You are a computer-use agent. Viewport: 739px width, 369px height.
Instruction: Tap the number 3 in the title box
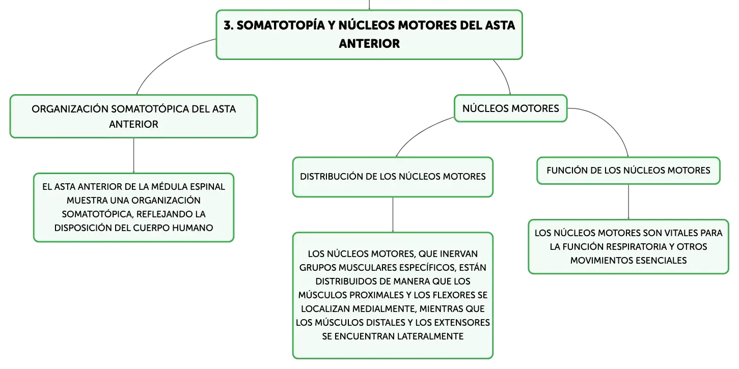click(227, 25)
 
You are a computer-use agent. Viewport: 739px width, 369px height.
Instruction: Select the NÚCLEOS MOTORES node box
click(510, 108)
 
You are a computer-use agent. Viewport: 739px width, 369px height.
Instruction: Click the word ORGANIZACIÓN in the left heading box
click(70, 109)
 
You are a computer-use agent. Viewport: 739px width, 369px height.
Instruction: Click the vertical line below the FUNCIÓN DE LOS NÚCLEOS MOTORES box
click(628, 202)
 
